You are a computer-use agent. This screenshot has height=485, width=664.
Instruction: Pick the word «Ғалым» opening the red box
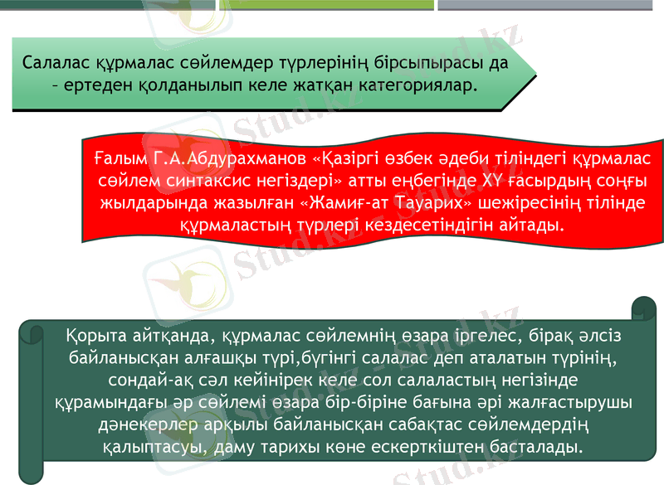point(119,158)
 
